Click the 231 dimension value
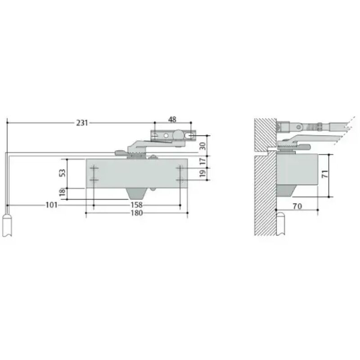click(x=82, y=123)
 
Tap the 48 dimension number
click(x=172, y=120)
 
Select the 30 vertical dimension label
click(x=202, y=146)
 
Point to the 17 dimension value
click(x=202, y=162)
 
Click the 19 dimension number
click(x=202, y=174)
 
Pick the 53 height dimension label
click(x=62, y=173)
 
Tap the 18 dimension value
click(x=62, y=193)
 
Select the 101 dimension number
click(x=51, y=205)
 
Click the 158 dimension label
click(x=137, y=205)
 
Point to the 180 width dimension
click(x=137, y=213)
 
